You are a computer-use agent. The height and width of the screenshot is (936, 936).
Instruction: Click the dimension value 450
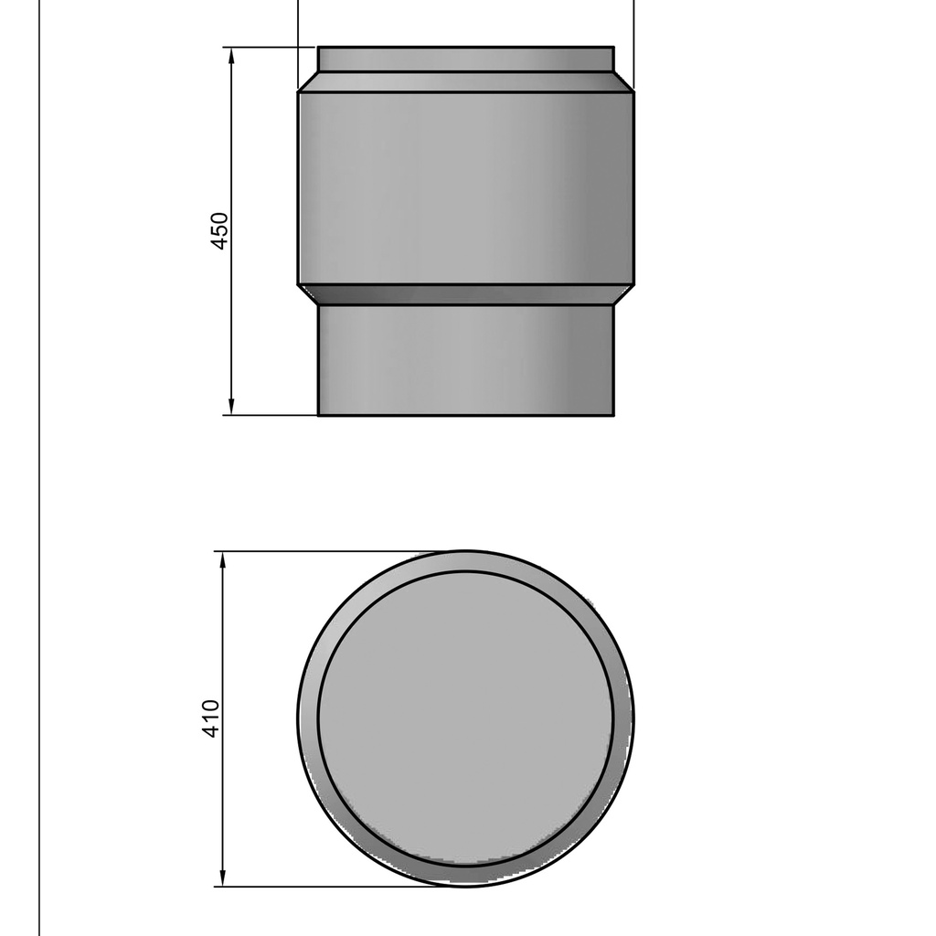point(220,230)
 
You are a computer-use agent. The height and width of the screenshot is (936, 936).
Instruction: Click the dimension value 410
point(211,718)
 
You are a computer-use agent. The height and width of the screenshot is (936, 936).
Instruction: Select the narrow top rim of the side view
point(465,58)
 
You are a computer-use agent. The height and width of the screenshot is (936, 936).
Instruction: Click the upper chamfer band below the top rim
point(465,81)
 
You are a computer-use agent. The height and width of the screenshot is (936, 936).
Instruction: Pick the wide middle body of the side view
point(465,187)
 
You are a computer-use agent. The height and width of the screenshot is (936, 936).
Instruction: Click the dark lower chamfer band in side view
point(465,294)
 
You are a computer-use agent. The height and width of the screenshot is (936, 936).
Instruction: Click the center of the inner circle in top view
point(465,718)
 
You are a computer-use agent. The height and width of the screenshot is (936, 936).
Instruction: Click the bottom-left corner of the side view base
point(318,415)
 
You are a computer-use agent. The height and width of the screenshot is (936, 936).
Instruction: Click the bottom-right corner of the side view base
point(613,415)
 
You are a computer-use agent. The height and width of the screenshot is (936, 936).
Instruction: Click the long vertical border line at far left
point(39,457)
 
